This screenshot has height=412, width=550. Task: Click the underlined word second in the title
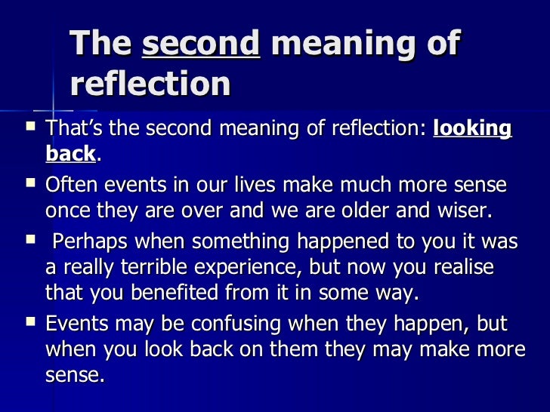pos(201,45)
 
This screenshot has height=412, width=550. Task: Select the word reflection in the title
pos(150,84)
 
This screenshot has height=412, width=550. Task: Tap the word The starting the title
pos(100,45)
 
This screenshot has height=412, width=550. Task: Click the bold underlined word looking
pos(473,128)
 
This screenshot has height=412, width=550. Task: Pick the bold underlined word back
pos(70,154)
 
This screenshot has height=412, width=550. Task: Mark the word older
pos(386,211)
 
